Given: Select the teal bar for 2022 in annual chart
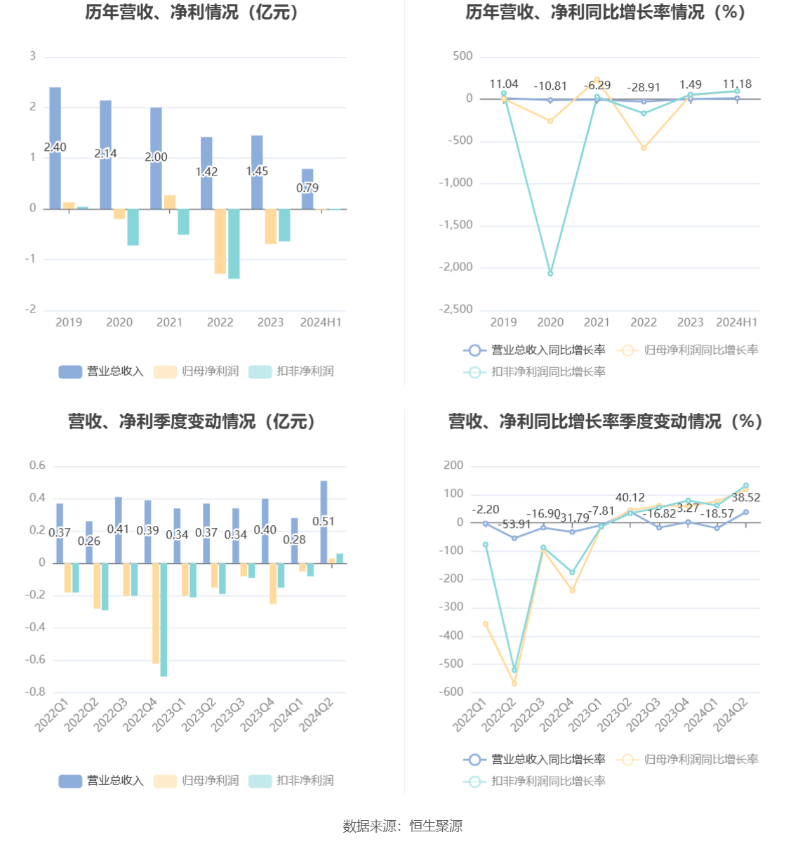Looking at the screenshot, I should (x=234, y=244).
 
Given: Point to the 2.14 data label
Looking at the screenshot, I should (x=105, y=153).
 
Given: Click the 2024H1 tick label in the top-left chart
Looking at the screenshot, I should (x=321, y=322).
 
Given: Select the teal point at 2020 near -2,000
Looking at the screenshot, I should (x=550, y=273).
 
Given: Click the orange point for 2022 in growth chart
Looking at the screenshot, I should (x=644, y=148).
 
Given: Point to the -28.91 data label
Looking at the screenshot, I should (x=644, y=87).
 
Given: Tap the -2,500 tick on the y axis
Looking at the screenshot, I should (x=455, y=310).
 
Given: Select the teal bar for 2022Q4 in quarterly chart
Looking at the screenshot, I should (x=164, y=619).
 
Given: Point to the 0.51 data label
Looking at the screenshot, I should (x=324, y=521).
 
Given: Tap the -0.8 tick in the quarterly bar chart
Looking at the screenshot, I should (x=36, y=692).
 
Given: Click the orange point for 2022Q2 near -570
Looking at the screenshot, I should (x=514, y=683).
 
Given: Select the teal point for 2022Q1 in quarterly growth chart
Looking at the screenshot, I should (x=485, y=545).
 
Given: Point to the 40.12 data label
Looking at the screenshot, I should (x=630, y=497).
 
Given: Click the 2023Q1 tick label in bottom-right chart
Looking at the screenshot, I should (x=585, y=716).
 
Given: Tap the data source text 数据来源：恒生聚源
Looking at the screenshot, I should (x=402, y=826).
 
